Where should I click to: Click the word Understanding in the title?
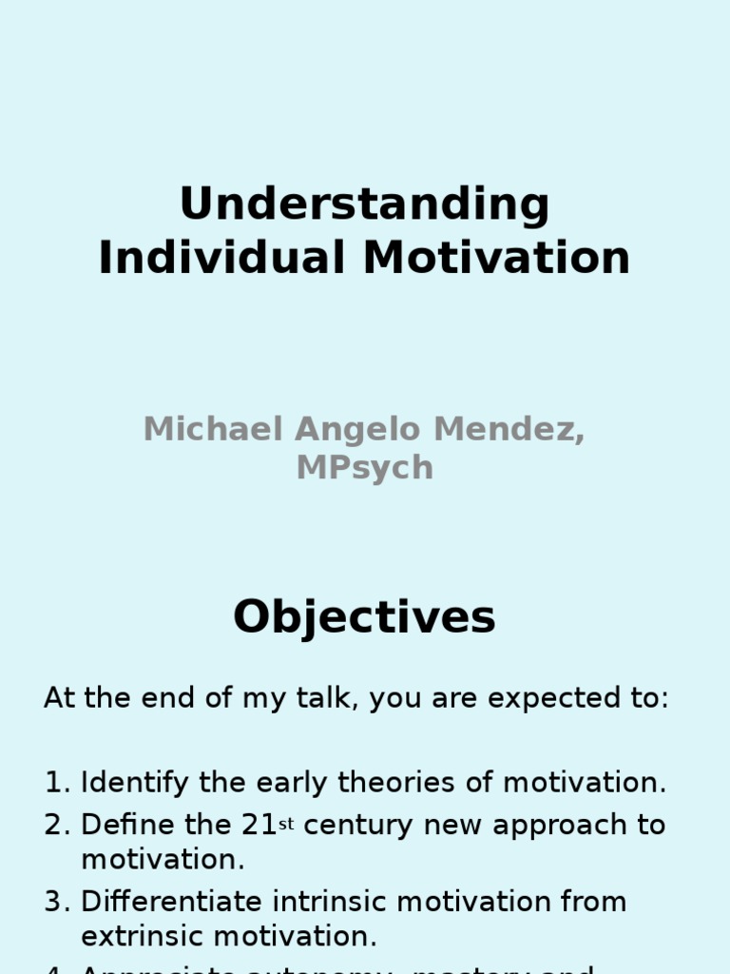[x=364, y=205]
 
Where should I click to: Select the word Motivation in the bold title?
[x=497, y=258]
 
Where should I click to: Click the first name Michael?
[x=213, y=429]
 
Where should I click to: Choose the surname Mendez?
[x=509, y=429]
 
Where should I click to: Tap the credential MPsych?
[x=364, y=469]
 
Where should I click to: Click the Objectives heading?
[x=364, y=617]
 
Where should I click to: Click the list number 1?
[x=55, y=784]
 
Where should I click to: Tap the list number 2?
[x=56, y=825]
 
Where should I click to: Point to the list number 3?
[x=56, y=902]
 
